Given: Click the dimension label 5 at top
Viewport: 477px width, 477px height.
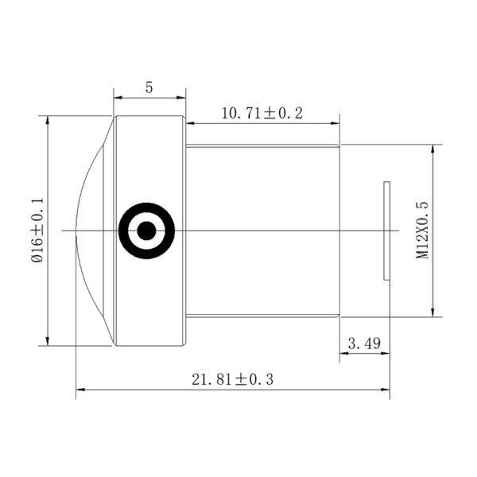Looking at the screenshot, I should pos(149,88).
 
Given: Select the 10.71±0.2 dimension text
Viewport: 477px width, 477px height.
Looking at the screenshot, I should pos(262,114).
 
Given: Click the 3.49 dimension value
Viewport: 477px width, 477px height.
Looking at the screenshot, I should pos(366,343).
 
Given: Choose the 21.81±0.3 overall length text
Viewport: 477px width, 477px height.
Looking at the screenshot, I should pos(232,380).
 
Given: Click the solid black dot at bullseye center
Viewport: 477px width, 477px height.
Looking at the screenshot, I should pos(146,231).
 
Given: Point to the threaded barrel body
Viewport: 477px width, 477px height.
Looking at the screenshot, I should pos(262,231).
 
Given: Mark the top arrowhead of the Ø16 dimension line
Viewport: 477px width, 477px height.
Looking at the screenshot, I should pos(48,122).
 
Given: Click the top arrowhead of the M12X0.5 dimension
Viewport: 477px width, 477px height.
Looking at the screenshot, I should pos(432,150).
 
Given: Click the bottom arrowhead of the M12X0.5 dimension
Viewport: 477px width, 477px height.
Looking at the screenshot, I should pos(432,311).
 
